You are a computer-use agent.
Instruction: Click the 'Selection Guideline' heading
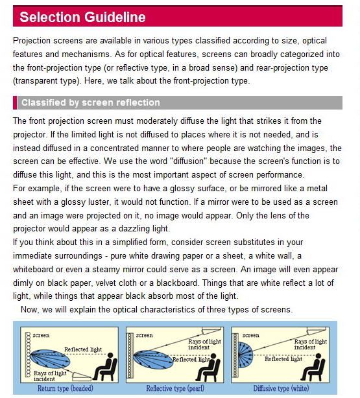(x=82, y=17)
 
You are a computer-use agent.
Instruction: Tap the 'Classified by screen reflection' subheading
(x=91, y=102)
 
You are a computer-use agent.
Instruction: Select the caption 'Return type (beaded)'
(x=66, y=388)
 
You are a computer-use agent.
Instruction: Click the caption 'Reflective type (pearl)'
(x=175, y=388)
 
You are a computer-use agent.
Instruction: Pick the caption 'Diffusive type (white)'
(x=281, y=388)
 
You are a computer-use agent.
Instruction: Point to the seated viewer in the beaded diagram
(x=104, y=367)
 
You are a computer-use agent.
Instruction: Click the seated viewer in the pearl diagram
(x=208, y=368)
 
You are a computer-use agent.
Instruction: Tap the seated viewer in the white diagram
(x=313, y=367)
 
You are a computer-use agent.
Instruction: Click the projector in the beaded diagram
(x=82, y=377)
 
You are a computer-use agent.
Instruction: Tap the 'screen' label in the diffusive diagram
(x=251, y=335)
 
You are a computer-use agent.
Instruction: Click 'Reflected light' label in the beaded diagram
(x=83, y=349)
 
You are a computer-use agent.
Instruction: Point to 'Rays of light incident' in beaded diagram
(x=50, y=376)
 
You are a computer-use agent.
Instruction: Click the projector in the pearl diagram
(x=211, y=331)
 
